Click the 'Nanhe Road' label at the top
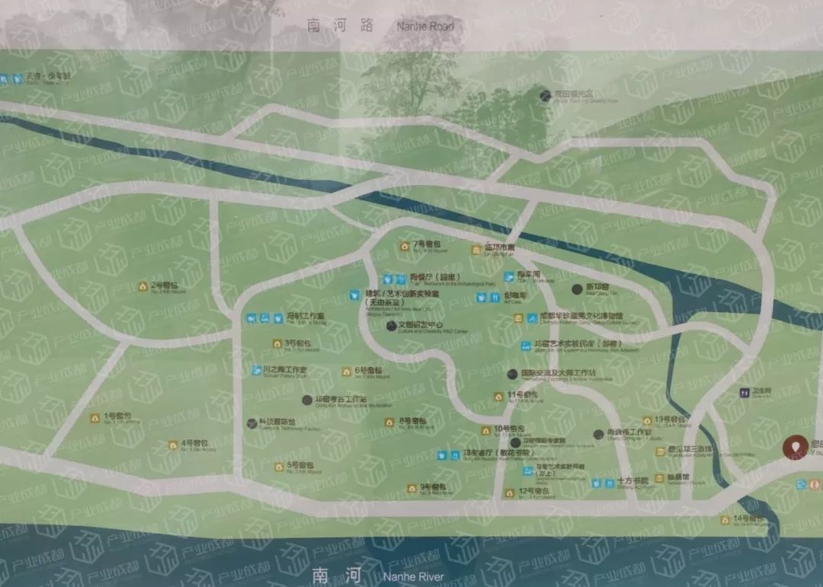pyautogui.click(x=425, y=27)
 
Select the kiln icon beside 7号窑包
pyautogui.click(x=405, y=246)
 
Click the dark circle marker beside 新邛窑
pyautogui.click(x=577, y=289)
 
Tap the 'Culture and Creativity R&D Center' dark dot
pyautogui.click(x=391, y=325)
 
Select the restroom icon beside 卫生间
pyautogui.click(x=745, y=393)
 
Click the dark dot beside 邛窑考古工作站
pyautogui.click(x=306, y=399)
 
